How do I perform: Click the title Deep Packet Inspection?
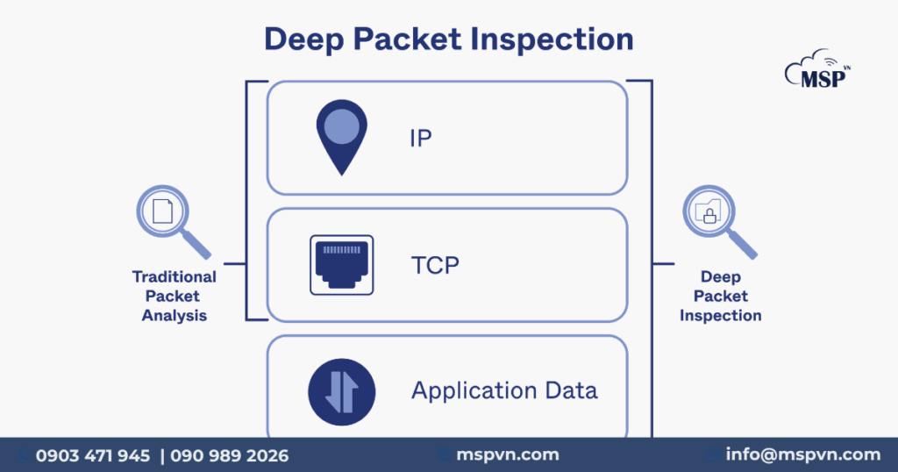pyautogui.click(x=448, y=39)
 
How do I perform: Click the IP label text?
pyautogui.click(x=421, y=139)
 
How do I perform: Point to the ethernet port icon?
pyautogui.click(x=341, y=265)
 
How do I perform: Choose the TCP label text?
pyautogui.click(x=435, y=265)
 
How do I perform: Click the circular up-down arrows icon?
pyautogui.click(x=341, y=391)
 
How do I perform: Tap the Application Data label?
pyautogui.click(x=504, y=390)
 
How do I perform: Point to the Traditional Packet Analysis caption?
pyautogui.click(x=174, y=296)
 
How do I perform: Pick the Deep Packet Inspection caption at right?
pyautogui.click(x=720, y=296)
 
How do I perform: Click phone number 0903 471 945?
pyautogui.click(x=93, y=455)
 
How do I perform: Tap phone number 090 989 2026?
pyautogui.click(x=229, y=455)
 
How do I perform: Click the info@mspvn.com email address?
pyautogui.click(x=802, y=454)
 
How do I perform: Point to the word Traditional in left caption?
pyautogui.click(x=174, y=276)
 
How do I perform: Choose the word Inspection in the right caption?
pyautogui.click(x=720, y=315)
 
